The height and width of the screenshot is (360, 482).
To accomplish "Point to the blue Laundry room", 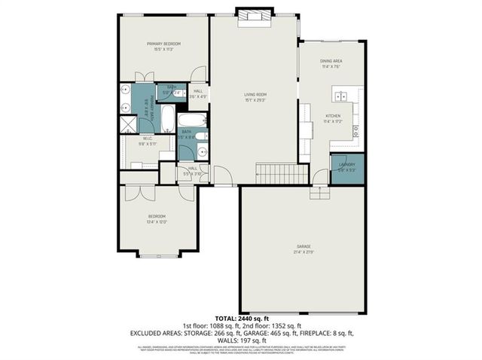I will pos(347,169).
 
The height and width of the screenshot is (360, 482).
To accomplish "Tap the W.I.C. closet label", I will pos(148,140).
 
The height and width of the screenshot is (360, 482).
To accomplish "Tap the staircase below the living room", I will pos(282,174).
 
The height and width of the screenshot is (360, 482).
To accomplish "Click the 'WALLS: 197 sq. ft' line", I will pos(240,340).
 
